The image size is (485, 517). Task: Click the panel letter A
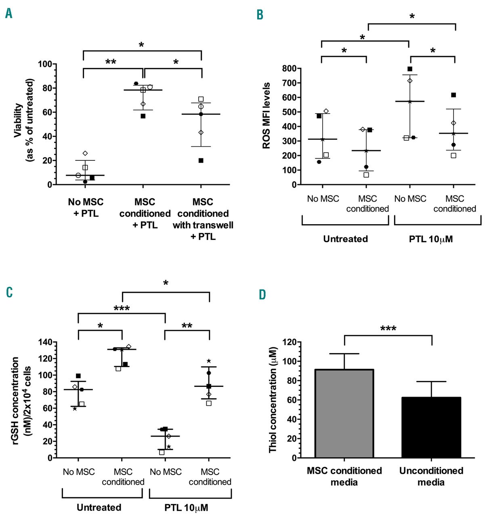point(9,14)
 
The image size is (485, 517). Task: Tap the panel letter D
point(262,294)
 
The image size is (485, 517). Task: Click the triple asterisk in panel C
point(122,309)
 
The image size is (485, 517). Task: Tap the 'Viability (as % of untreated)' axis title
point(24,120)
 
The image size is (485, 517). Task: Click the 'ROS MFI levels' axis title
point(267,116)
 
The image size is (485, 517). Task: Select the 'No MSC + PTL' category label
point(86,208)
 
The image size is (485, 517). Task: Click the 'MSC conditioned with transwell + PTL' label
point(203,219)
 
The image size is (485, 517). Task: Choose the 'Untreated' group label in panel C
point(99,507)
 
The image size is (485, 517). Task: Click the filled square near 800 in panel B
point(410,69)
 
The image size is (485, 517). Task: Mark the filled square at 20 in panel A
point(201,160)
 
